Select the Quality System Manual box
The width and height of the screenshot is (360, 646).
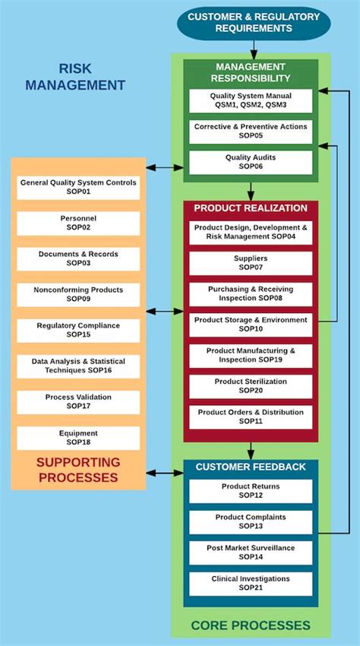[x=251, y=101]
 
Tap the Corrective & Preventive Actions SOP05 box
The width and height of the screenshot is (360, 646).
[x=251, y=131]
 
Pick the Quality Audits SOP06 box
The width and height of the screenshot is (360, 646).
[x=251, y=162]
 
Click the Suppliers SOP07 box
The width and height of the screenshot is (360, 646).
[x=251, y=263]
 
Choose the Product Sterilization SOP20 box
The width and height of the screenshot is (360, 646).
[x=251, y=386]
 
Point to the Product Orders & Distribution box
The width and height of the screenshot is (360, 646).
[x=251, y=416]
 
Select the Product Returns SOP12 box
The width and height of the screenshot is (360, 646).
[x=251, y=491]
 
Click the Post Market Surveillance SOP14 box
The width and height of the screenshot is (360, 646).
[x=251, y=553]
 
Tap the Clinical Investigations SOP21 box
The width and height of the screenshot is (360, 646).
[x=251, y=583]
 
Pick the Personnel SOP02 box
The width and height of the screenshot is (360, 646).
[x=78, y=223]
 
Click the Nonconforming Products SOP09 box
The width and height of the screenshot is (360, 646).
[x=78, y=294]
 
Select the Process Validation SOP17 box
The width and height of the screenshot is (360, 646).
[x=78, y=402]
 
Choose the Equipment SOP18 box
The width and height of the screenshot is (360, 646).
[x=78, y=437]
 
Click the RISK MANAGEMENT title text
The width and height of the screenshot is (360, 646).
[x=75, y=77]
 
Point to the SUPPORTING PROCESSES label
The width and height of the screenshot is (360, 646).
[x=78, y=470]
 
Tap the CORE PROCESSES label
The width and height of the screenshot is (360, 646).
[x=251, y=625]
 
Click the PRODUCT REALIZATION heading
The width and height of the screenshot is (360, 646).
[x=251, y=208]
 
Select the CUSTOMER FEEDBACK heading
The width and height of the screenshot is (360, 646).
[x=251, y=467]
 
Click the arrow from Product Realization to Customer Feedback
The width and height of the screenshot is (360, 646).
[x=251, y=450]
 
